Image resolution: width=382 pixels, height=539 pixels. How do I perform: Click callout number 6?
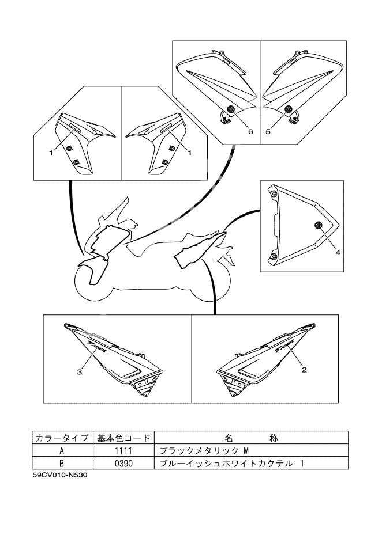coord(250,131)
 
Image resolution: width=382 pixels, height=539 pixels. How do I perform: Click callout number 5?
coord(268,131)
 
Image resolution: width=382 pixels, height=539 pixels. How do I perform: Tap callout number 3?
coord(79,372)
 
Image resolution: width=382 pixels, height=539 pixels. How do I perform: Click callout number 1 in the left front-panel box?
coord(51,152)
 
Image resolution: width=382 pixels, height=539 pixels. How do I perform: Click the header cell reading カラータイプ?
coord(61,438)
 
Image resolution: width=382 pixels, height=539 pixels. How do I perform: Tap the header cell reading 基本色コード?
coord(124,438)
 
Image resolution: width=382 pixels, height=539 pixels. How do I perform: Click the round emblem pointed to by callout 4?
coord(317,224)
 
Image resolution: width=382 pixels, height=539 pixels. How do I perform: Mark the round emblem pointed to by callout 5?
coord(288,109)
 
